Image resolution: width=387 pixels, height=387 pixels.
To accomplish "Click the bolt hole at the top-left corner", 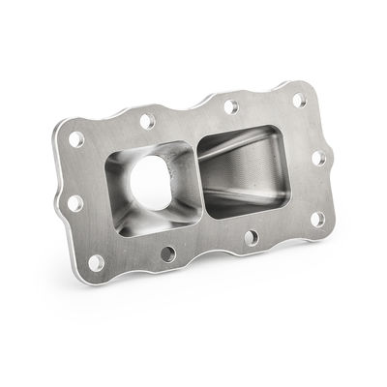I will click(x=75, y=138).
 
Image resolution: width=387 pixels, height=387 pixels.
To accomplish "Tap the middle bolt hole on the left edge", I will click(x=74, y=203).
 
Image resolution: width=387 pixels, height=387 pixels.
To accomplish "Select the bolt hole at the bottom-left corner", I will click(x=95, y=262).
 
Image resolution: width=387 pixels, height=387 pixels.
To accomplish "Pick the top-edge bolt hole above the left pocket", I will click(x=146, y=122).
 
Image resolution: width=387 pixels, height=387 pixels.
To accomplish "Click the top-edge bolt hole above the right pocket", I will click(x=230, y=105).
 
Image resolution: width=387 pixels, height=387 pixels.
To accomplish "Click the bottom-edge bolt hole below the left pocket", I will click(x=168, y=254).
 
